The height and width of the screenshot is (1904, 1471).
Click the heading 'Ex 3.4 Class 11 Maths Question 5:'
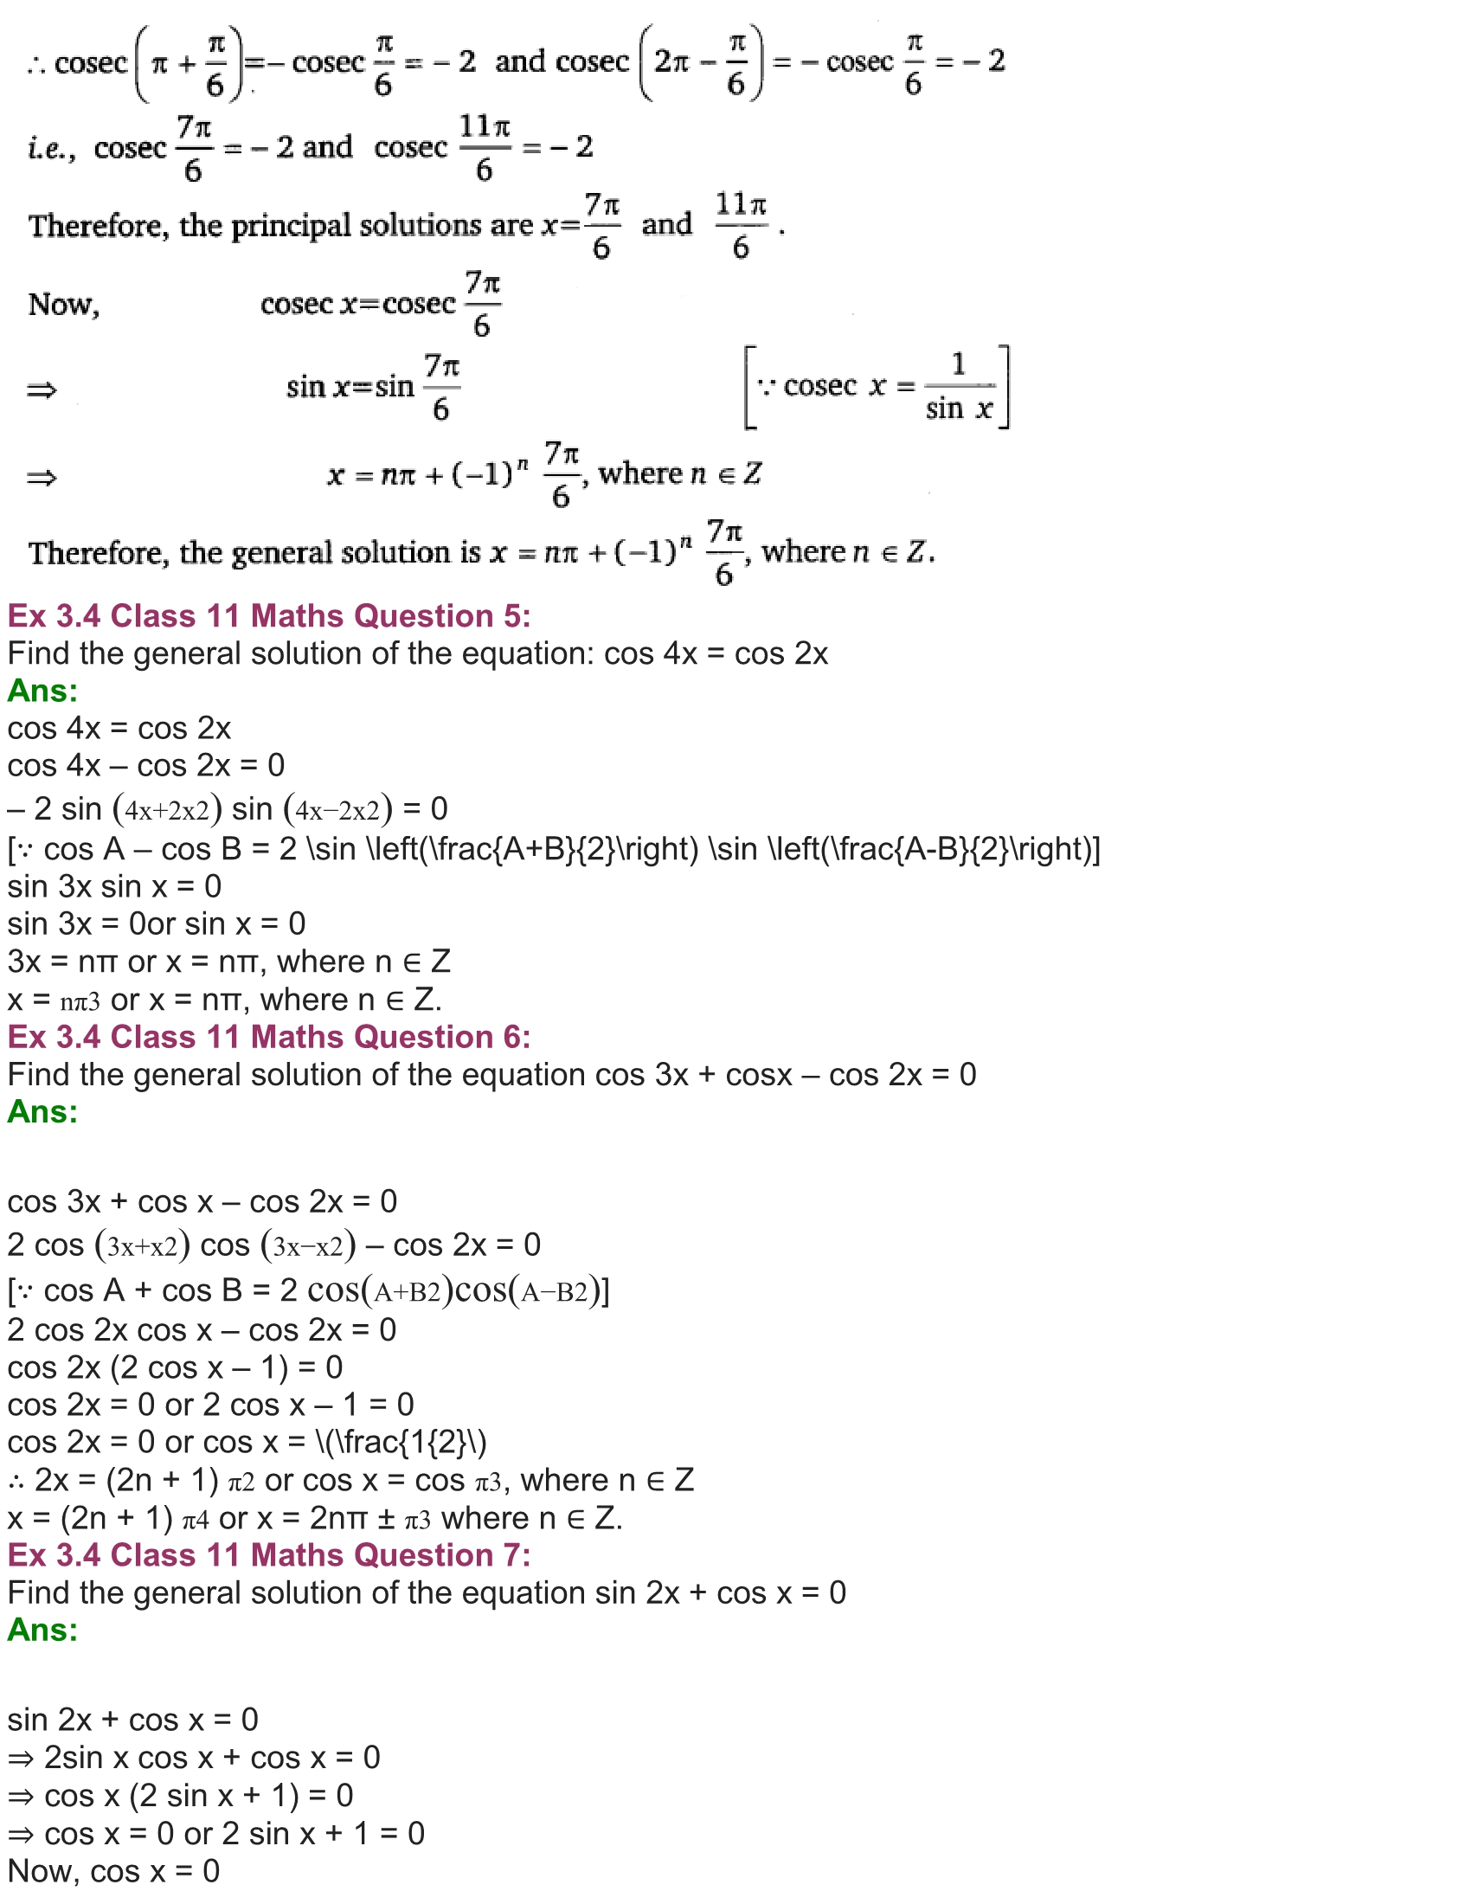[268, 616]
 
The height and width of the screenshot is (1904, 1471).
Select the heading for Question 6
[268, 1038]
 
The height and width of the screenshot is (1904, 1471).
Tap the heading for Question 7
[268, 1555]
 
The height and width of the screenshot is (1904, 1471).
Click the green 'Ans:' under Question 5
[42, 691]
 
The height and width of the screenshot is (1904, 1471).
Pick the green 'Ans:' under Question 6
[42, 1112]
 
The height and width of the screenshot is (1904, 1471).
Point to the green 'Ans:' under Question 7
[42, 1631]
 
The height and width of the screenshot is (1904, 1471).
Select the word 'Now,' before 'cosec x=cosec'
[64, 305]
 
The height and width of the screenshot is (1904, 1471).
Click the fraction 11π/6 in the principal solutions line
[741, 226]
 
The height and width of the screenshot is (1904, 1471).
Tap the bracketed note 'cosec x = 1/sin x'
[877, 387]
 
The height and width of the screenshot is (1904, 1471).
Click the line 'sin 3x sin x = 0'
[114, 886]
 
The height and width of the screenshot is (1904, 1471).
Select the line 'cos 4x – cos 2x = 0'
[145, 765]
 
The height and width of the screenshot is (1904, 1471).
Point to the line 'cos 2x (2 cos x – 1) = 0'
[174, 1367]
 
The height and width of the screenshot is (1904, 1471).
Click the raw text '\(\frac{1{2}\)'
[401, 1443]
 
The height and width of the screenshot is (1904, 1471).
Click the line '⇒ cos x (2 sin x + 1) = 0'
[180, 1796]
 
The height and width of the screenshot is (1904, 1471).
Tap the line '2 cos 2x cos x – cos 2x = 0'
[202, 1330]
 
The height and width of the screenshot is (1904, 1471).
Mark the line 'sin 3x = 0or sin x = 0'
[156, 924]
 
